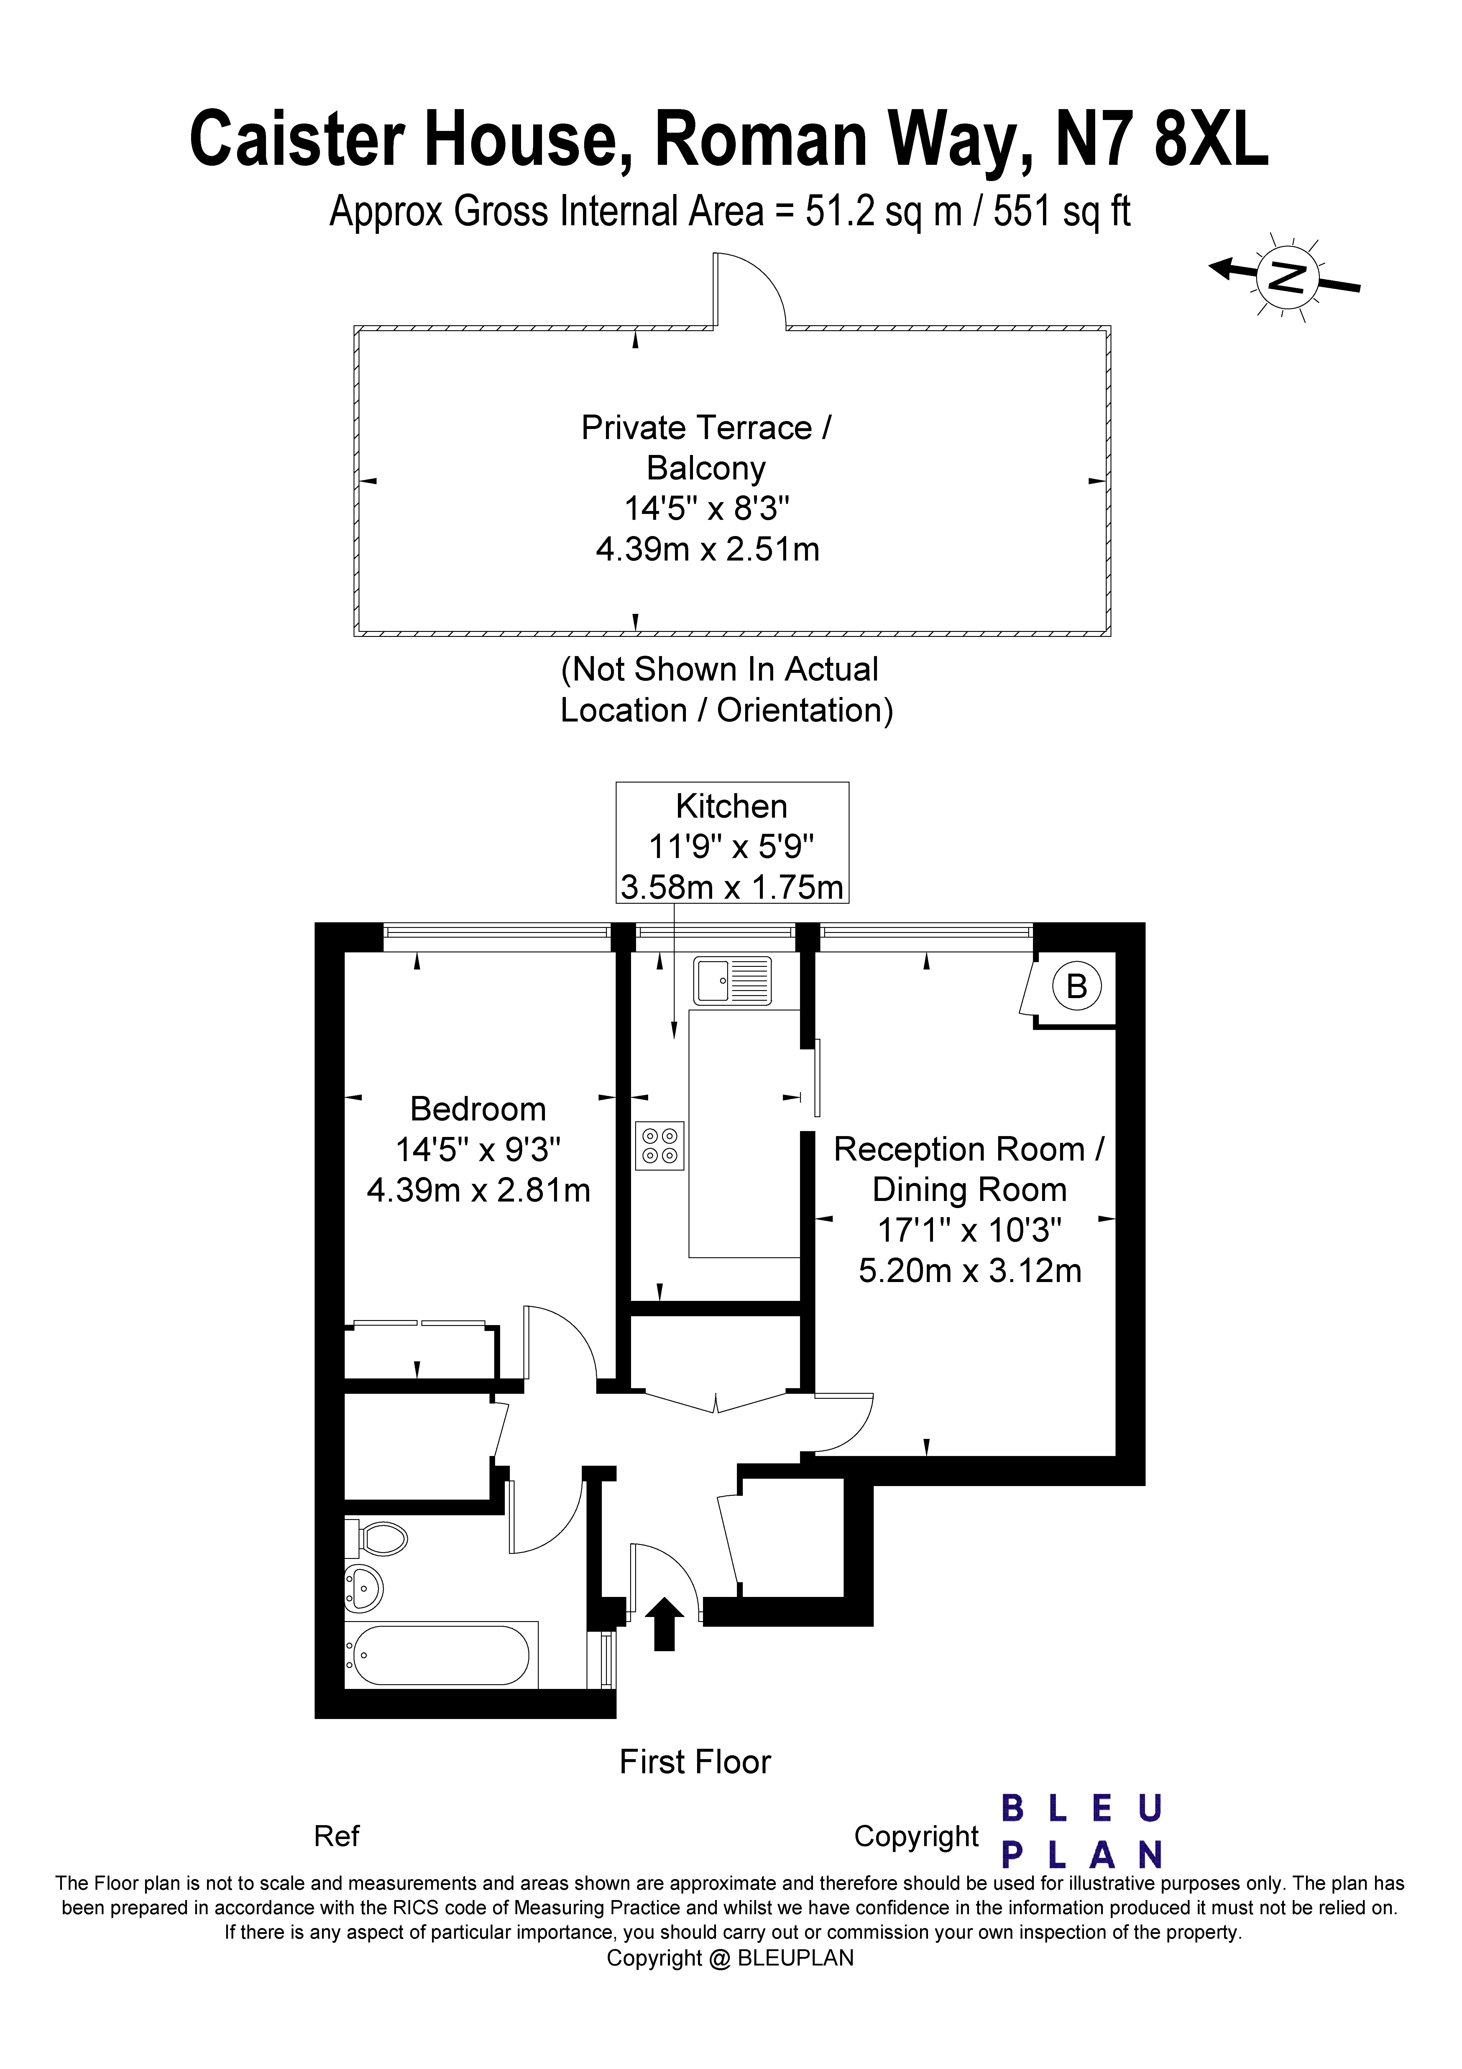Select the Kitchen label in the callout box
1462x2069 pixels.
pos(732,806)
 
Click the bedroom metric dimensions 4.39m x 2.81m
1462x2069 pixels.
pos(479,1190)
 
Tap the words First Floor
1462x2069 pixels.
pos(695,1762)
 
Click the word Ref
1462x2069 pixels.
pos(336,1835)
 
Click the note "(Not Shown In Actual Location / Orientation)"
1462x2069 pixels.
pos(727,689)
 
